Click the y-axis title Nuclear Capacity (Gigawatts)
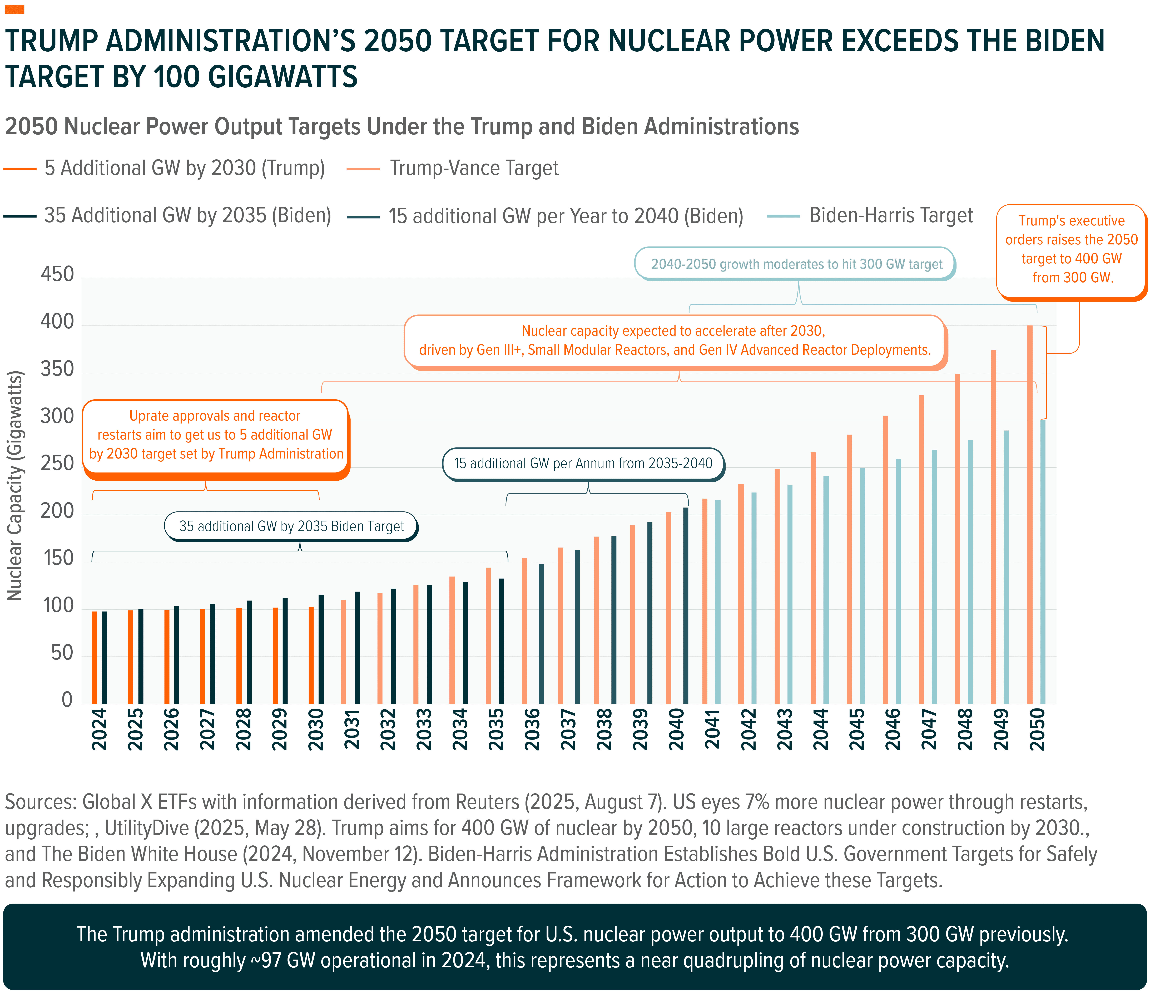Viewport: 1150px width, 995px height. point(15,486)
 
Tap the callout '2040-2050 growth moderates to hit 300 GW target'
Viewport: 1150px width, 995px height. point(796,264)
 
